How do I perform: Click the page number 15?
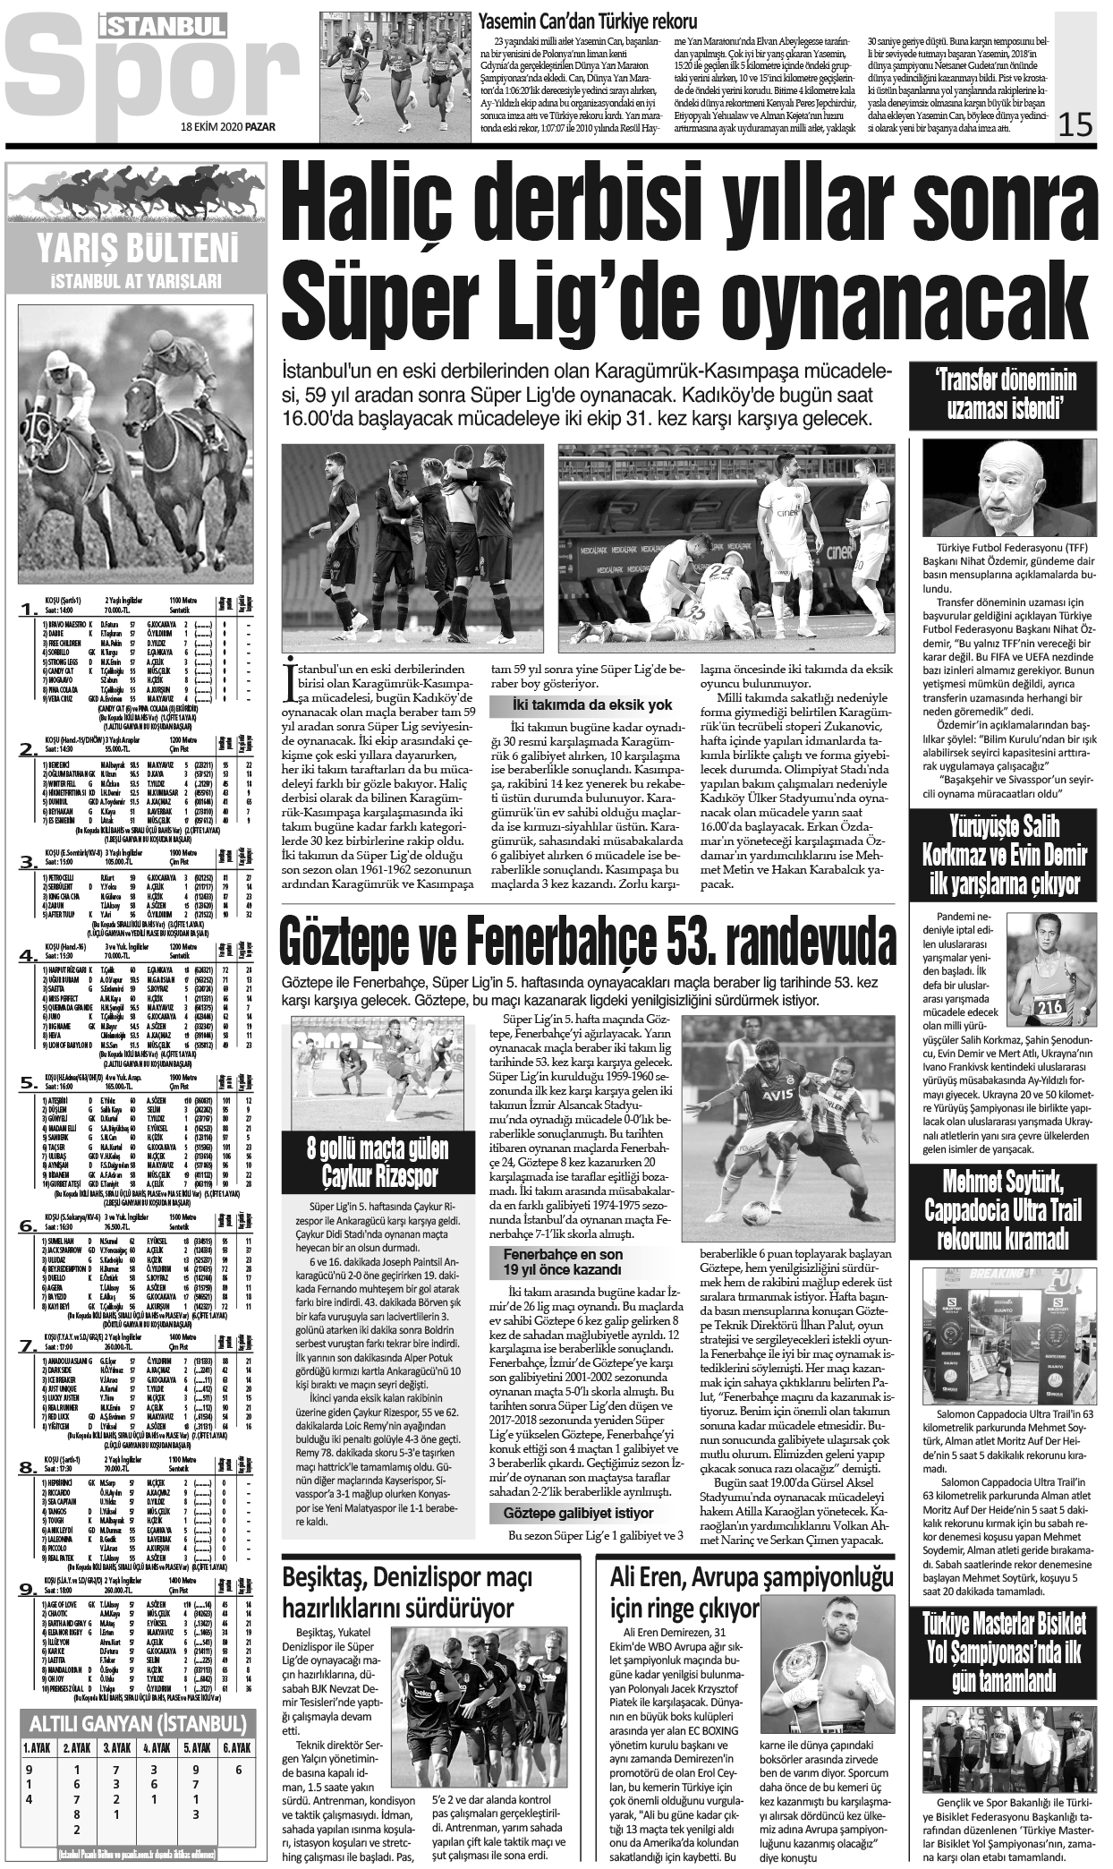pyautogui.click(x=1075, y=124)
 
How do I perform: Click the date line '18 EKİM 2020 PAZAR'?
pyautogui.click(x=227, y=126)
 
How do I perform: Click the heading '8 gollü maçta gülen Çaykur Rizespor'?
pyautogui.click(x=378, y=1160)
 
